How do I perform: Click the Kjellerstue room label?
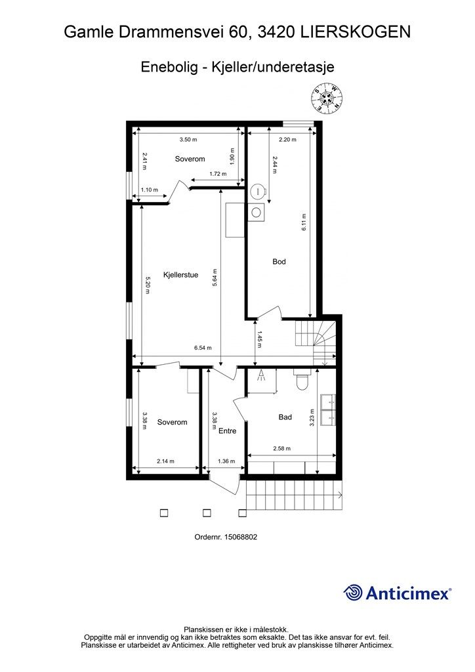coord(180,275)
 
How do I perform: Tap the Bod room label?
coord(279,261)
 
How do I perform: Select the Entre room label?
coord(228,430)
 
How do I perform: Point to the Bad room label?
coord(285,417)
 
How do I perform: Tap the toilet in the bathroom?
coord(302,380)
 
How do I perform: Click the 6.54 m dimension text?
coord(203,348)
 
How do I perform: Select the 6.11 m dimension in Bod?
coord(304,222)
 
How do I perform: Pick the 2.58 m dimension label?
coord(282,449)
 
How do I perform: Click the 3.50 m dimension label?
coord(188,139)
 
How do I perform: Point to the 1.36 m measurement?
coord(226,461)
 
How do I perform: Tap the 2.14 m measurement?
coord(165,461)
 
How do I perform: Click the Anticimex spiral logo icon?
coord(352,593)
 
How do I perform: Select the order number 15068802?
coord(240,537)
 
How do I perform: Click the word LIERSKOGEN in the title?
coord(356,32)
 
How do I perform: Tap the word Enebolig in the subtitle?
coord(169,68)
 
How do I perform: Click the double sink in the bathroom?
coord(329,411)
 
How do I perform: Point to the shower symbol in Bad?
coord(261,376)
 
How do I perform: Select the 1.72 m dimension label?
coord(218,174)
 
